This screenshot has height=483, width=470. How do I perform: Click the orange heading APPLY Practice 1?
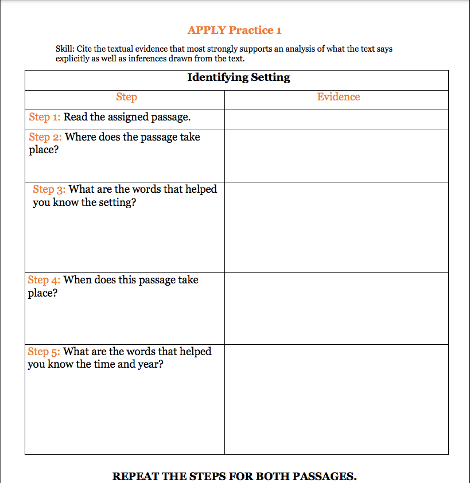[x=234, y=30]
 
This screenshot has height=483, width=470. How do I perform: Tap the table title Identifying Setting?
[x=239, y=77]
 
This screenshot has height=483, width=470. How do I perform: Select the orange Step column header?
[x=126, y=97]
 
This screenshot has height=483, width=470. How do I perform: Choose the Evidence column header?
[x=339, y=97]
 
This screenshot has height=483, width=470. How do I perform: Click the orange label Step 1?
[x=44, y=118]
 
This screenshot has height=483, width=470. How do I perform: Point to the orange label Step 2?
[x=45, y=137]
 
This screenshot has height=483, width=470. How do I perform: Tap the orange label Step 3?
[x=49, y=189]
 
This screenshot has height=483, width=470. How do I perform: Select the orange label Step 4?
[x=44, y=280]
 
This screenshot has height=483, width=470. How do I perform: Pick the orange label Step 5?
[x=44, y=352]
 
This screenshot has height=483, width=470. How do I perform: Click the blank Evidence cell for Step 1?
[x=336, y=120]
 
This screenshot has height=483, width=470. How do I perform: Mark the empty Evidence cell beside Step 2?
[x=336, y=156]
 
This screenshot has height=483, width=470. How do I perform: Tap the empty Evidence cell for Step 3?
[x=336, y=227]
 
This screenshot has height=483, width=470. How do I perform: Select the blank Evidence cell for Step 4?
[x=336, y=309]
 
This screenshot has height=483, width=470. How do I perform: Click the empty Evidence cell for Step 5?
[x=336, y=399]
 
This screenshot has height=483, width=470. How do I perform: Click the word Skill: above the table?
[x=64, y=49]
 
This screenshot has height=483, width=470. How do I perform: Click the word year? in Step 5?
[x=150, y=365]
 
